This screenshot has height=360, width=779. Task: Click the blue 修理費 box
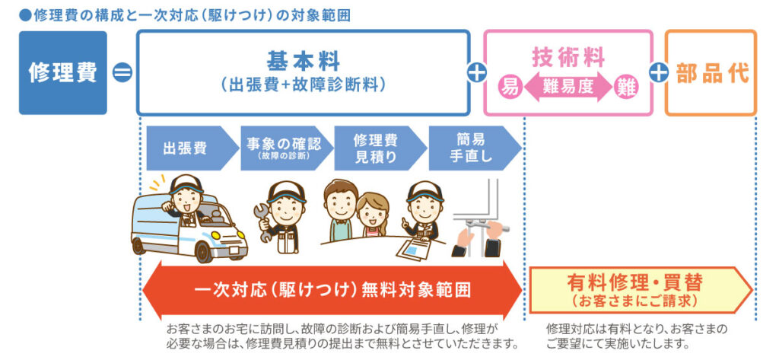pyautogui.click(x=62, y=72)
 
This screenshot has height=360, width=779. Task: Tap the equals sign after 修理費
pyautogui.click(x=122, y=73)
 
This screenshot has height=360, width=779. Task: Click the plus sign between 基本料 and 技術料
pyautogui.click(x=477, y=73)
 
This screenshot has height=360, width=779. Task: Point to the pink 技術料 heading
pyautogui.click(x=568, y=56)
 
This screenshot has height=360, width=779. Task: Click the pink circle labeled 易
pyautogui.click(x=509, y=87)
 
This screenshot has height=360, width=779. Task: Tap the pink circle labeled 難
pyautogui.click(x=627, y=87)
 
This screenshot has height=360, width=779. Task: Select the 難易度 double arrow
pyautogui.click(x=568, y=87)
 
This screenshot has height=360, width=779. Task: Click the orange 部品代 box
pyautogui.click(x=711, y=72)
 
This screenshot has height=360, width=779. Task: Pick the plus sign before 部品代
pyautogui.click(x=659, y=73)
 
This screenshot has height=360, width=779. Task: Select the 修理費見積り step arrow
pyautogui.click(x=377, y=148)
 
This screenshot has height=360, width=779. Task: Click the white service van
pyautogui.click(x=186, y=225)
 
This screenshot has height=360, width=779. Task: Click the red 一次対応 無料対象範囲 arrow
pyautogui.click(x=332, y=290)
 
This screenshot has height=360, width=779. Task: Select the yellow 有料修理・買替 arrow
pyautogui.click(x=639, y=290)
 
